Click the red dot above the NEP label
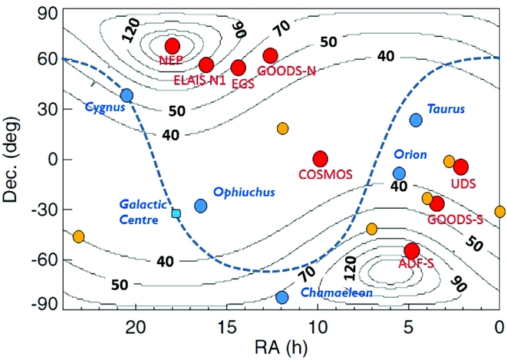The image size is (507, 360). pos(172,46)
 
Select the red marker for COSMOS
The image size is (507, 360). pos(320,159)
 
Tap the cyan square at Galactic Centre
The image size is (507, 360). pos(176,213)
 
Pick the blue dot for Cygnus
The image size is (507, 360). pos(127,95)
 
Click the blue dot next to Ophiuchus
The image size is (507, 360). pos(201,206)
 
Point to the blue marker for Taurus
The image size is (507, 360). pos(416,120)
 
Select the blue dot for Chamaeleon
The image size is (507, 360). pos(281,297)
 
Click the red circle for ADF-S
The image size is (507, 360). pos(412,251)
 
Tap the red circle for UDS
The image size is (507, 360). pos(461,167)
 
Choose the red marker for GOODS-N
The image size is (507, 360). pos(270,55)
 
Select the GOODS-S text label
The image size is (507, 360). pos(456,219)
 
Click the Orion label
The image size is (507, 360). pos(410,154)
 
